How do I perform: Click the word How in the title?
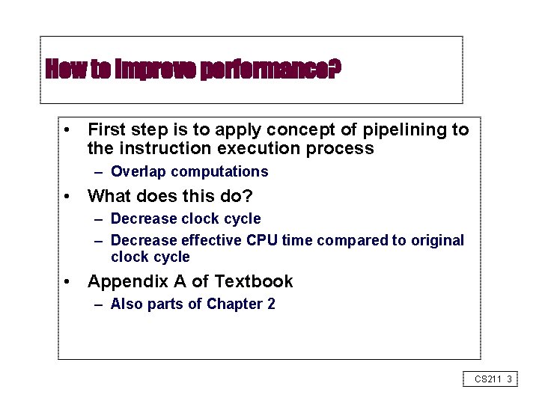click(61, 70)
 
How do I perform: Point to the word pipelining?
click(405, 130)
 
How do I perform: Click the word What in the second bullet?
click(110, 196)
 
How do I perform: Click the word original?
click(436, 240)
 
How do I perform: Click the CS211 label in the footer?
click(487, 379)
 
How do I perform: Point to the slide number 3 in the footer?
click(509, 379)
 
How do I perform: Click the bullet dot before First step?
click(67, 130)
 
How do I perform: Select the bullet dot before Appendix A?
click(67, 282)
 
